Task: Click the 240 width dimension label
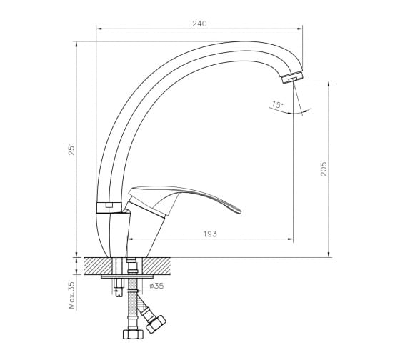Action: tap(199, 24)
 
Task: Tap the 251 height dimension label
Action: tap(72, 149)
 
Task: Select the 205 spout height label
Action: tap(324, 169)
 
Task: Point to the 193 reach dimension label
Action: tap(210, 234)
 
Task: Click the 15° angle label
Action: tap(277, 104)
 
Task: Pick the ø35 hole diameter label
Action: tap(156, 286)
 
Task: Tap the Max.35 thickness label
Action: tap(72, 295)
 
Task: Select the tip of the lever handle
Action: tap(240, 211)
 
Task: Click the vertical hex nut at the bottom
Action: tap(133, 334)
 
